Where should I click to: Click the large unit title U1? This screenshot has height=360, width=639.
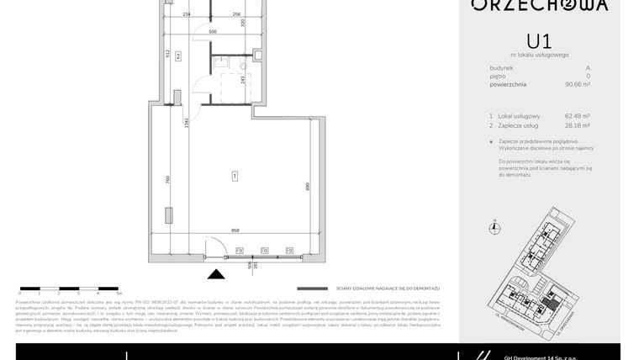point(539,40)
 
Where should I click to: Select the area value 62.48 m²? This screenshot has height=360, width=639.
point(577,116)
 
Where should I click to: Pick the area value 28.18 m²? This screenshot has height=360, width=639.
point(577,125)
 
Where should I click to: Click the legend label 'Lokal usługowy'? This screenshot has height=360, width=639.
point(519,116)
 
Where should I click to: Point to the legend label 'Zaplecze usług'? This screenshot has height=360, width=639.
point(519,125)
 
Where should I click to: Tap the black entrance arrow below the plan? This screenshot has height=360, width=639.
point(216,273)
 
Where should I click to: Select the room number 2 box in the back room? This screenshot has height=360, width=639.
point(178,56)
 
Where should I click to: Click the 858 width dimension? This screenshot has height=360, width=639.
point(236,230)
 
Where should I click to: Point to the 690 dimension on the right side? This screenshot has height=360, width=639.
point(309,186)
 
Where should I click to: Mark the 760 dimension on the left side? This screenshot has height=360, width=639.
point(168,180)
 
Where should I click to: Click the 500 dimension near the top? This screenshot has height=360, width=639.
point(213,31)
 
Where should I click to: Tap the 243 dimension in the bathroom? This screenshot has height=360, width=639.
point(243,81)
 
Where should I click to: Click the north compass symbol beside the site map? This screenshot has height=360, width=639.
point(495,226)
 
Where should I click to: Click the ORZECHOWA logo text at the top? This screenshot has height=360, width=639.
point(539,5)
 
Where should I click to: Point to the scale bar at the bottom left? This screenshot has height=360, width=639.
point(71,289)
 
